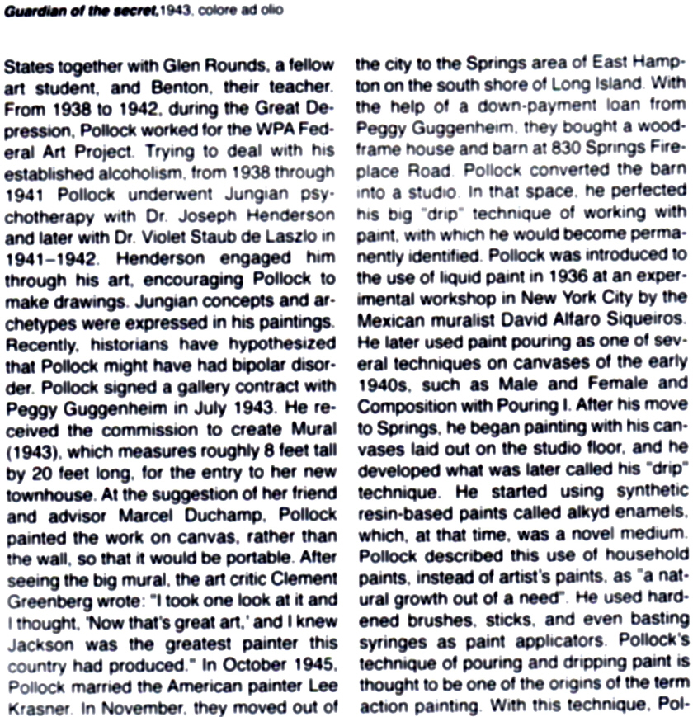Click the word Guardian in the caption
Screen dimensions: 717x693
[x=34, y=10]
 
